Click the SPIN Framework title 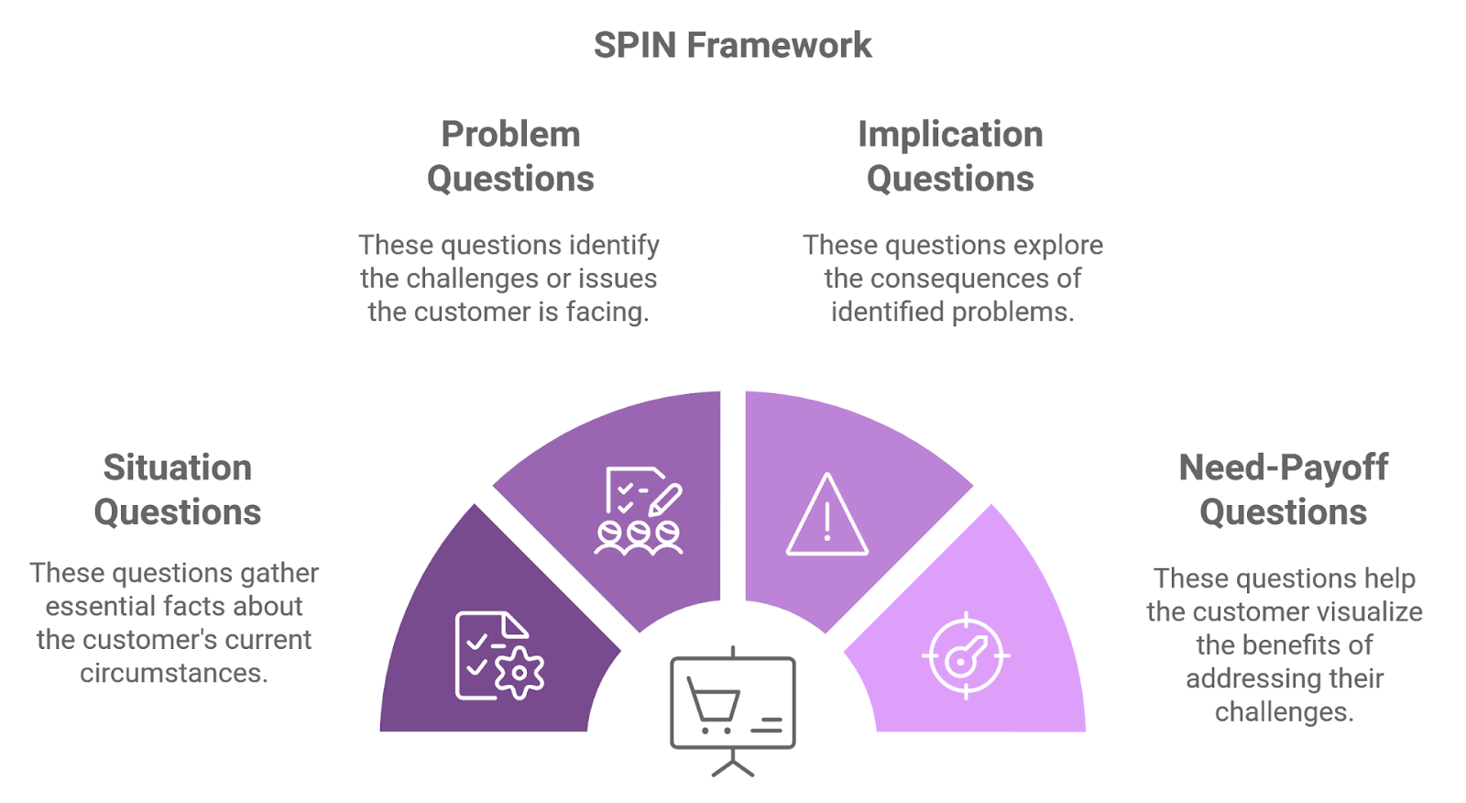tap(732, 45)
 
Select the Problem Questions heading tap(510, 156)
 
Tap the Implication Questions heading tap(950, 156)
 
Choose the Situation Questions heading tap(178, 489)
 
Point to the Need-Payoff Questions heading tap(1283, 489)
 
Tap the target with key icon tap(965, 655)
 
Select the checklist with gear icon tap(498, 655)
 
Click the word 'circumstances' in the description tap(173, 673)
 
